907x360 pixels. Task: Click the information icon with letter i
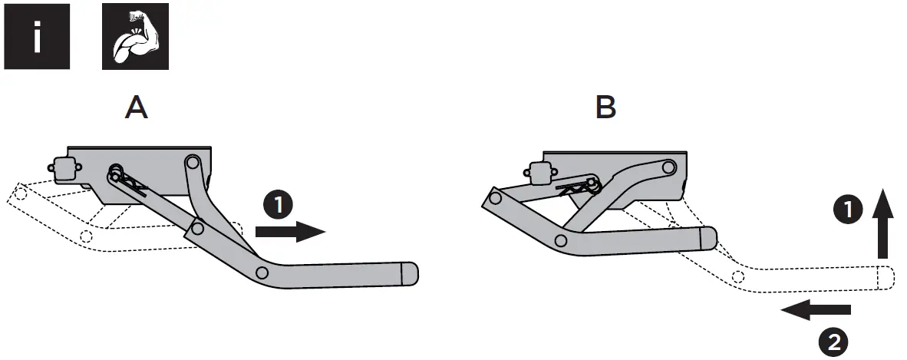(36, 37)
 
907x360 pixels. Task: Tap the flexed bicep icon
(135, 37)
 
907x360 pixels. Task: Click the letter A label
(137, 108)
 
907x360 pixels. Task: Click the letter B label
(605, 108)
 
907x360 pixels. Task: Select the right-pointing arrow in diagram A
(290, 230)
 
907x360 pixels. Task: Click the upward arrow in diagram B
(883, 224)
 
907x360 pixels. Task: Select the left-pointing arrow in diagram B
(815, 310)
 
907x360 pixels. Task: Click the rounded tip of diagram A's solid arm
(410, 273)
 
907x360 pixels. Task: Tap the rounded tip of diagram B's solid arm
(708, 239)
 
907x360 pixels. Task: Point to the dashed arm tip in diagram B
(884, 277)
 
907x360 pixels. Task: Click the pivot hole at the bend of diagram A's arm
(262, 272)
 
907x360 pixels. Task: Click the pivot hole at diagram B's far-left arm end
(495, 200)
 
